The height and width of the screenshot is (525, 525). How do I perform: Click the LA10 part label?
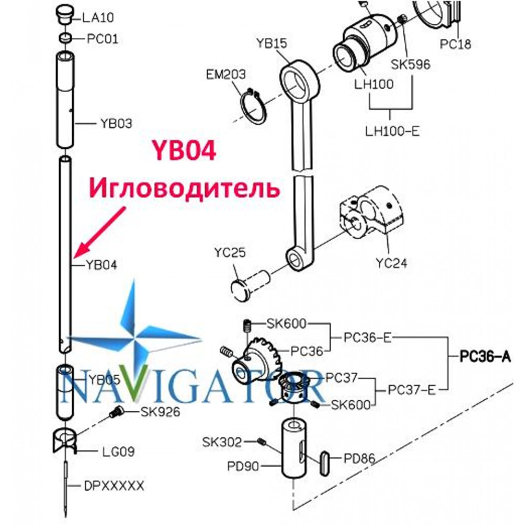98,17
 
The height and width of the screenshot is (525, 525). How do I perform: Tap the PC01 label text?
102,39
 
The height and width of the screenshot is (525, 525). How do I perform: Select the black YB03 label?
116,123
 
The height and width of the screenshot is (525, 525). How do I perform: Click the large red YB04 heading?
184,150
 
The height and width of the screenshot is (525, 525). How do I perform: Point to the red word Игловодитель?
184,188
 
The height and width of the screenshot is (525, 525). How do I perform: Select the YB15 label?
271,43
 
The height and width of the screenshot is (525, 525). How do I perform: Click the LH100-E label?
392,131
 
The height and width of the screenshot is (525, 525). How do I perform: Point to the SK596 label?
411,64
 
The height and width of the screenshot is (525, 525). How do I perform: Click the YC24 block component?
371,212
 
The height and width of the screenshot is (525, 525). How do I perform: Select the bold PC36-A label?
485,356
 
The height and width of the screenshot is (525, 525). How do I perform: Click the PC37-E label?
412,390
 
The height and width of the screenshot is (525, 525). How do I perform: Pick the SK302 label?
222,442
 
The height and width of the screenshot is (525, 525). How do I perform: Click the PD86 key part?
324,463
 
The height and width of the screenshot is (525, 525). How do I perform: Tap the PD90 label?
243,466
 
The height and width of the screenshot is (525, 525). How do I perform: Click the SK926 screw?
117,411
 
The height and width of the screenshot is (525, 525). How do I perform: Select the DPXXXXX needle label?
114,486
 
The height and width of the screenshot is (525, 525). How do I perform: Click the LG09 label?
118,451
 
